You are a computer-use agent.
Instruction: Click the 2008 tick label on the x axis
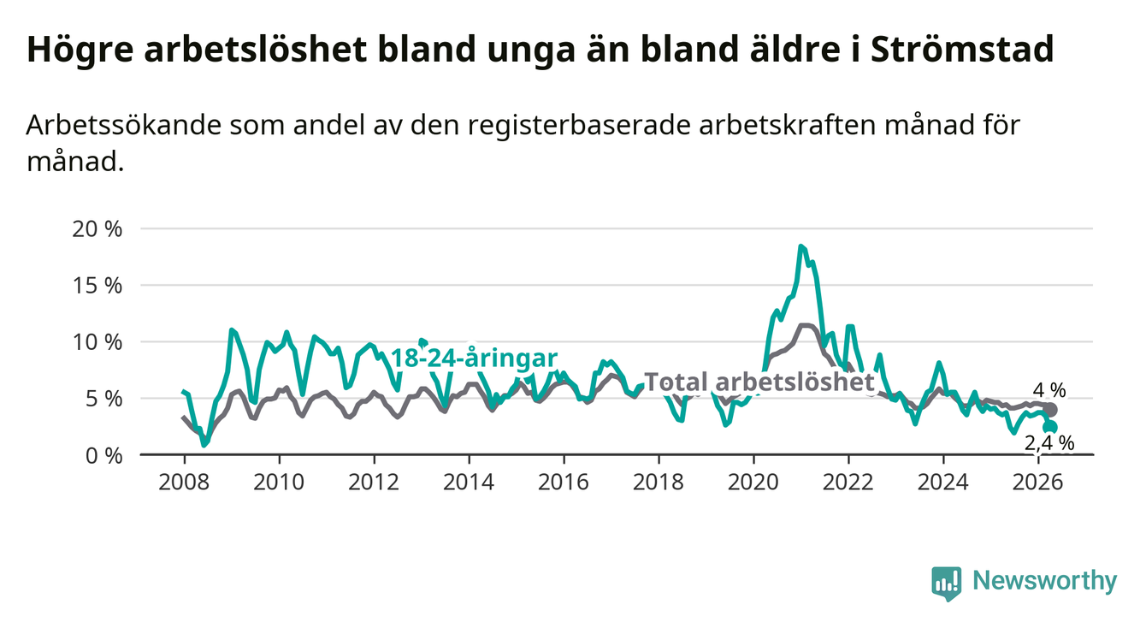coord(184,483)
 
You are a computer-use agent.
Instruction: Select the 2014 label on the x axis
coord(469,483)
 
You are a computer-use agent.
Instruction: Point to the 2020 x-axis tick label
coord(753,483)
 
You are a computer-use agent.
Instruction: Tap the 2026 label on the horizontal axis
coord(1038,483)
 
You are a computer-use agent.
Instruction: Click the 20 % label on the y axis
coord(97,228)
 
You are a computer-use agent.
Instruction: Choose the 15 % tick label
coord(97,285)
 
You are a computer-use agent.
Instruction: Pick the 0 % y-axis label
coord(103,455)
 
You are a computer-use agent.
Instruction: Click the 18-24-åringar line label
coord(474,358)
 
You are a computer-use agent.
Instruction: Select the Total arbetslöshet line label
coord(759,382)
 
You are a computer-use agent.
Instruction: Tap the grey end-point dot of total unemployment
coord(1051,410)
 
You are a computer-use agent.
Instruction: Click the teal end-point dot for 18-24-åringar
coord(1051,428)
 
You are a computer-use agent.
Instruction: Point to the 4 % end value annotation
coord(1049,390)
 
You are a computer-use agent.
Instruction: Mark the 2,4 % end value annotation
coord(1049,442)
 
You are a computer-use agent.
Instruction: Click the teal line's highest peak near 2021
coord(800,246)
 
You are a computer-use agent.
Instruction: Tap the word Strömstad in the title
coord(962,49)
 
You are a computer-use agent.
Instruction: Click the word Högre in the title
coord(80,50)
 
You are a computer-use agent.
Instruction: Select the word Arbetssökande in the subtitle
coord(124,126)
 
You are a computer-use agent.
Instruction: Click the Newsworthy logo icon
coord(947,583)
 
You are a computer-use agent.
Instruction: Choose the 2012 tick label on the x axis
coord(374,483)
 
